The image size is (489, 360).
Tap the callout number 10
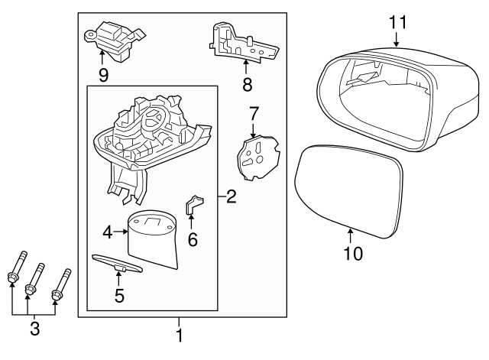(353, 251)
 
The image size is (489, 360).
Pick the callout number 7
(254, 114)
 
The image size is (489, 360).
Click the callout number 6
(193, 240)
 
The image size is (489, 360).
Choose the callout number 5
(119, 295)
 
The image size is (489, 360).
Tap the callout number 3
(34, 329)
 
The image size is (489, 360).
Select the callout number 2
(231, 196)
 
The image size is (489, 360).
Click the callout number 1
(180, 335)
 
